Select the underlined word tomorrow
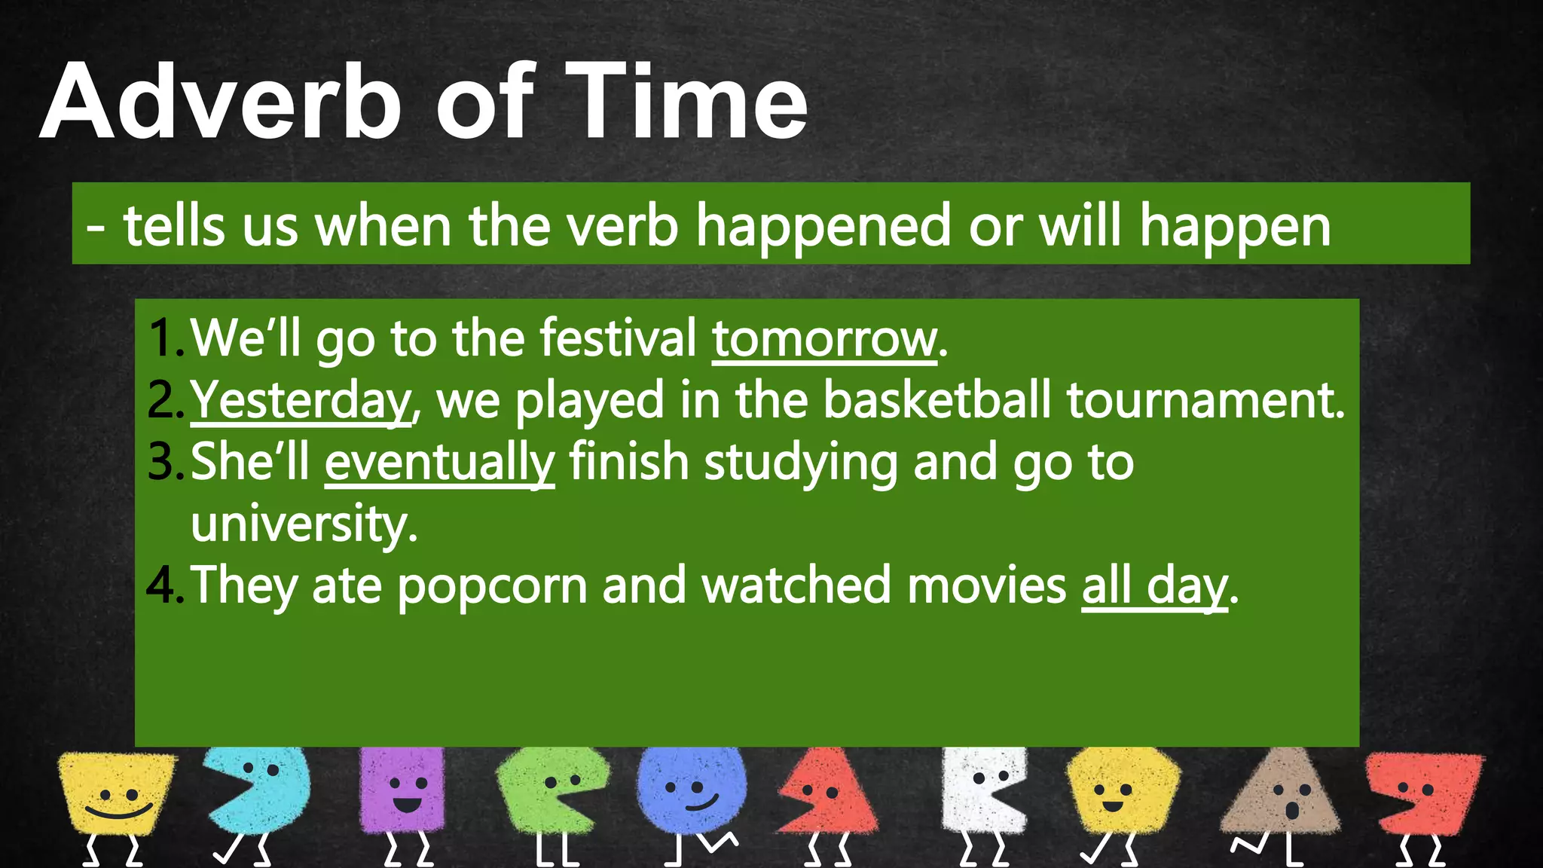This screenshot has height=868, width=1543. coord(824,339)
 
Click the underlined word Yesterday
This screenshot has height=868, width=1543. coord(300,400)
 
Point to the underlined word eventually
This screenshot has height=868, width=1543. coord(439,462)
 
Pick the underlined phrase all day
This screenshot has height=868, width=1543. coord(1154,585)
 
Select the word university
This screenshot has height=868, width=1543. coord(303,524)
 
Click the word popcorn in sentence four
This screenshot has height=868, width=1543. coord(491,585)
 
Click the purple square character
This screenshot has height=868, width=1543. coord(403,791)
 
